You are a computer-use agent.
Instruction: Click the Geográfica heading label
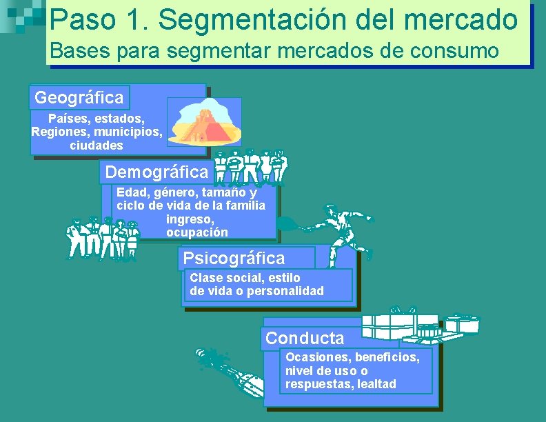(x=79, y=97)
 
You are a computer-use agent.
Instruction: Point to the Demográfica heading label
(x=156, y=172)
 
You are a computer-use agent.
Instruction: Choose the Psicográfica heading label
(x=234, y=259)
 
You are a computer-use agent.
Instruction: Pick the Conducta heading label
(x=305, y=339)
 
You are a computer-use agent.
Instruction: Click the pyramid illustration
(x=205, y=122)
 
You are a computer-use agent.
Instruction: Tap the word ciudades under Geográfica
(x=97, y=145)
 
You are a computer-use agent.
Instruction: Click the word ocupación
(x=197, y=232)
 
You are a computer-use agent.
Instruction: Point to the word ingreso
(x=185, y=219)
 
